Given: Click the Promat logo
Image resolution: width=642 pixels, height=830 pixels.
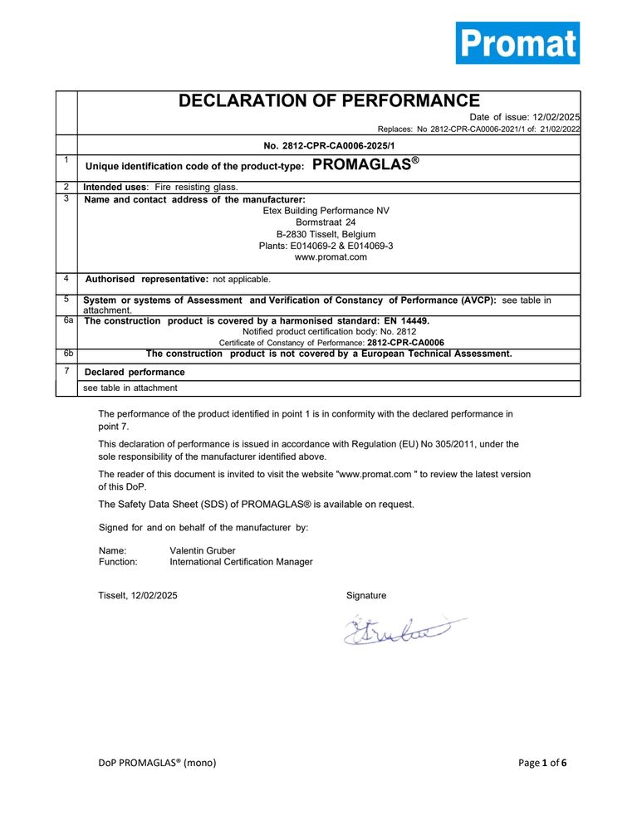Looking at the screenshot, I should point(517,43).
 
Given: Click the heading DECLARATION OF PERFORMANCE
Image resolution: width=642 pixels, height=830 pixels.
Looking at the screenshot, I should point(329,101).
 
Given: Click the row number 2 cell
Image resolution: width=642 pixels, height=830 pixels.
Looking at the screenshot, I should point(66,187).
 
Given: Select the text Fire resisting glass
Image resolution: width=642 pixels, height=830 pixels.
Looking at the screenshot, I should point(196,188).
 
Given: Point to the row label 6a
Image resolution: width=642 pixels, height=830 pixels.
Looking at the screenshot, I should point(66,320).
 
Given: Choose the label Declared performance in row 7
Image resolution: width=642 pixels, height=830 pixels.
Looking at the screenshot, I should point(135,372).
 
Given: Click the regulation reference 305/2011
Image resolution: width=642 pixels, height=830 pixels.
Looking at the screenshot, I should point(471,444).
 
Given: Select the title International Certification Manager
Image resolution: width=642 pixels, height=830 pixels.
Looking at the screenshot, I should point(241,562).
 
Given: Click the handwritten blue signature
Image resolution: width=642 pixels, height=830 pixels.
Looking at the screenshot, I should point(399,631).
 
